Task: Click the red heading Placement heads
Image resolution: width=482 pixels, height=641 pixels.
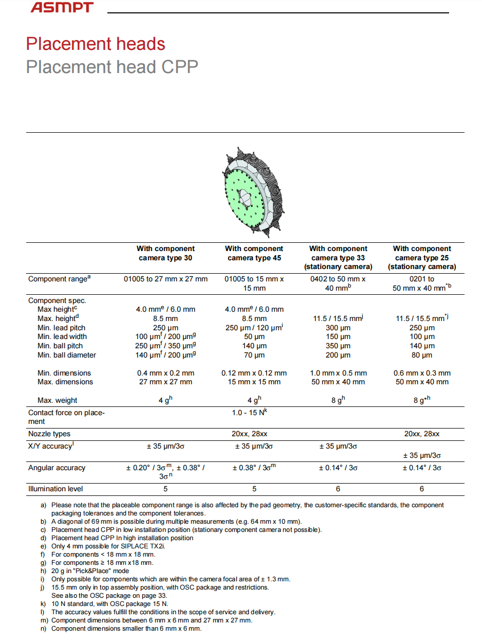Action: click(x=96, y=44)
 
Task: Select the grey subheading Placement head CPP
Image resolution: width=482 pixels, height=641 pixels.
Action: click(x=112, y=67)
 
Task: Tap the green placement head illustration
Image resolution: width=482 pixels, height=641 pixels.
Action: click(x=252, y=193)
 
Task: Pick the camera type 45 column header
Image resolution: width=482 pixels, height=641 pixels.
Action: click(x=254, y=253)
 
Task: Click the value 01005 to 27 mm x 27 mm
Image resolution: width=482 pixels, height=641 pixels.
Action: click(x=165, y=279)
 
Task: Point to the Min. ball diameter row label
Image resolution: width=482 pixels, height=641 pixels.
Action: click(x=67, y=355)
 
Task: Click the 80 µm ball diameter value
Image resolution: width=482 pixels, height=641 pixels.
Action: click(x=422, y=355)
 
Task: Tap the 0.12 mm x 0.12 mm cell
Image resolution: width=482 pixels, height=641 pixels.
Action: click(x=254, y=373)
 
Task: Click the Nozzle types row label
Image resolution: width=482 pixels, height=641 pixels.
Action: click(x=49, y=434)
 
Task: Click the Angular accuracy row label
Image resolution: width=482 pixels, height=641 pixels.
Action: click(x=57, y=468)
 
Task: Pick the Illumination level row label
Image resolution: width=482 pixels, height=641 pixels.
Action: click(x=55, y=489)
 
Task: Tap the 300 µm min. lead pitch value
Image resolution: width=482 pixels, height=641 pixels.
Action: click(x=338, y=328)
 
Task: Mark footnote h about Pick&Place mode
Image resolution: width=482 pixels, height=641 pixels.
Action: click(x=89, y=571)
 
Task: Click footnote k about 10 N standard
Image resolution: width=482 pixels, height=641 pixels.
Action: click(x=109, y=603)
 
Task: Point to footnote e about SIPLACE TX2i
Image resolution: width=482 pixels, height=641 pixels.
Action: click(x=108, y=546)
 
